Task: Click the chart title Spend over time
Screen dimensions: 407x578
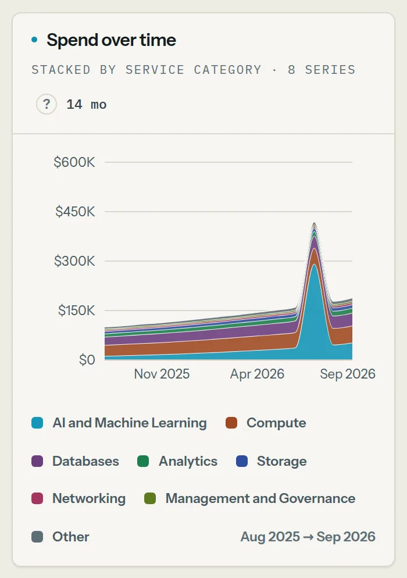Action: (x=111, y=40)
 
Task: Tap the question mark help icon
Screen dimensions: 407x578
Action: (x=47, y=104)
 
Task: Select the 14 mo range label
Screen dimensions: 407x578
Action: (x=86, y=104)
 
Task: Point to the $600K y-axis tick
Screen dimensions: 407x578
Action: (x=74, y=162)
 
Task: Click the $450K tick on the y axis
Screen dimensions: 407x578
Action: (x=75, y=212)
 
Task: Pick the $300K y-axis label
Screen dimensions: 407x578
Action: (x=74, y=261)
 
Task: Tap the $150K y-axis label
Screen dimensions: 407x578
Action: (x=76, y=311)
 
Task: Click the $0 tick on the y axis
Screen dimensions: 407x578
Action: (x=87, y=360)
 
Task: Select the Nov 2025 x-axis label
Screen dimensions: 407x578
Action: (x=162, y=374)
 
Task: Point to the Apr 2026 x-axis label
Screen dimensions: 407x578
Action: (x=258, y=374)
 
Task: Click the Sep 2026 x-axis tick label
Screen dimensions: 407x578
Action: (x=348, y=374)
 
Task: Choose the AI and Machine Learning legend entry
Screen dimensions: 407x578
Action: (x=119, y=423)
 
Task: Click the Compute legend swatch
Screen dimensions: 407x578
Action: (x=231, y=423)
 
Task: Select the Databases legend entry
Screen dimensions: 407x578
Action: (x=75, y=461)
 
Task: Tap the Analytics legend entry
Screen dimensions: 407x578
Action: (x=177, y=461)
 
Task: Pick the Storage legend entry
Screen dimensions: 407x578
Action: (x=272, y=461)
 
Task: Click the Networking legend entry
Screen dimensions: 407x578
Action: (x=78, y=498)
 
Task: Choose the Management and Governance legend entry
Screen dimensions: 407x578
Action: (x=250, y=498)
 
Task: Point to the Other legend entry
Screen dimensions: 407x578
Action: (x=60, y=537)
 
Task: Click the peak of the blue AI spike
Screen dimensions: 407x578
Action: (x=314, y=265)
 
